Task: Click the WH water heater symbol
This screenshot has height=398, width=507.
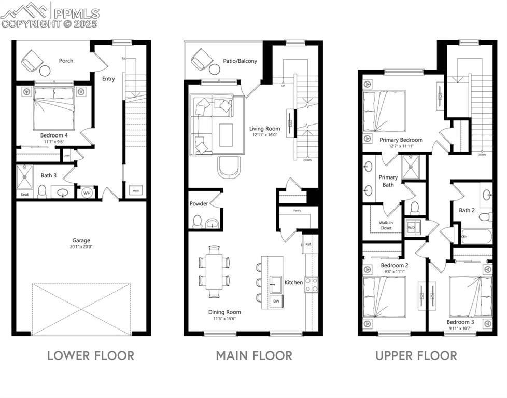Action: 87,193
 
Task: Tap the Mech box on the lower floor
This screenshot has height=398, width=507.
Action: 136,191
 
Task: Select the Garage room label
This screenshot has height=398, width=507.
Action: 81,240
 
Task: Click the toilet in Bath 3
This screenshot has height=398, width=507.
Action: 43,191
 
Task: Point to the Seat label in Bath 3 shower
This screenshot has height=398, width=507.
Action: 24,195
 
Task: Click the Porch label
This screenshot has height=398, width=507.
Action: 66,61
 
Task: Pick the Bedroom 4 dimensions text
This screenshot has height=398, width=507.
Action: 54,141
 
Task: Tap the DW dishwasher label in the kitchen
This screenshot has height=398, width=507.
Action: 276,300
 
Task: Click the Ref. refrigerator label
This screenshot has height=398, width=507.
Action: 307,244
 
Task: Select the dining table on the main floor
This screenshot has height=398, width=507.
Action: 214,271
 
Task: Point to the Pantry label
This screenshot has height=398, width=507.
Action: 297,210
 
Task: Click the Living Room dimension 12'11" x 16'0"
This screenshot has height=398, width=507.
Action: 264,135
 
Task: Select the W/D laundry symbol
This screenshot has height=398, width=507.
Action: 411,228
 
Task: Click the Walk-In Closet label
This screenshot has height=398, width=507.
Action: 385,225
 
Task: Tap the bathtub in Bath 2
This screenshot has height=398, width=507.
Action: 476,236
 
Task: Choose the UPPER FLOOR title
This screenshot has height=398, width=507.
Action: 416,355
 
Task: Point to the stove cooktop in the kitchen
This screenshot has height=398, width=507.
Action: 311,284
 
